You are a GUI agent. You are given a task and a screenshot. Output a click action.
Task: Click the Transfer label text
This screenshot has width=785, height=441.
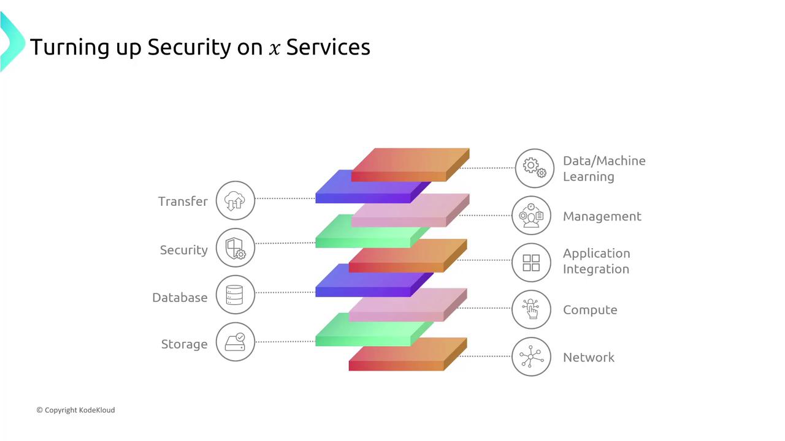pos(183,202)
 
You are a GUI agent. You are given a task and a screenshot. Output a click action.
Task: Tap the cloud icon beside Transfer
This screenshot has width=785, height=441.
pos(235,200)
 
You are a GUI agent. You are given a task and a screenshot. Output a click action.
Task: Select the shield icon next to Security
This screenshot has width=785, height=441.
pos(235,247)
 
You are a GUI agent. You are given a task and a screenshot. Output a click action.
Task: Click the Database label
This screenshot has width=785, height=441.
pos(180,298)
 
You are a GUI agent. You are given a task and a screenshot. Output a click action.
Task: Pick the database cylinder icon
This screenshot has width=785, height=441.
pos(235,295)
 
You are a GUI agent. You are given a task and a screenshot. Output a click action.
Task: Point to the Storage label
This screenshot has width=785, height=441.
pos(184,344)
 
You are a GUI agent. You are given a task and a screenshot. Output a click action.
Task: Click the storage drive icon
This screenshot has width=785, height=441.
pos(235,342)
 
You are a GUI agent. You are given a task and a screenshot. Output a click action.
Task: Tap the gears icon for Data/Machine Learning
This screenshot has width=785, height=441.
pos(534,168)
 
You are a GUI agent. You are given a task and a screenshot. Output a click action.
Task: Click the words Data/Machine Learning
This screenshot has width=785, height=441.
pos(604,168)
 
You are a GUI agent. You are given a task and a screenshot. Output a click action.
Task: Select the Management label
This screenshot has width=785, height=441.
pos(602,216)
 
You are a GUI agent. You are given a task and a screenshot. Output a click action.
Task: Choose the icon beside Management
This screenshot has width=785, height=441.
pos(531,216)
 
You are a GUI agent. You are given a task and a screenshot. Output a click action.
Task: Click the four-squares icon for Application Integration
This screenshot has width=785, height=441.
pos(531,262)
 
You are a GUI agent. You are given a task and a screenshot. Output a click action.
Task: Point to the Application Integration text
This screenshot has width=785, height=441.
pos(596,261)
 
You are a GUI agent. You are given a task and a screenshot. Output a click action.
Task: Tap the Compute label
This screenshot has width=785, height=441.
pos(590,310)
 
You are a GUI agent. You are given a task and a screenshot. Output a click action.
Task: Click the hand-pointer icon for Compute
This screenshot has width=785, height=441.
pos(531,309)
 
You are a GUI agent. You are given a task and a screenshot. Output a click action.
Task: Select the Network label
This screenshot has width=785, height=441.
pos(589,357)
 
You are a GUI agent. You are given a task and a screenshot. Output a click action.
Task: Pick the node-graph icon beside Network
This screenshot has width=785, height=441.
pos(531,356)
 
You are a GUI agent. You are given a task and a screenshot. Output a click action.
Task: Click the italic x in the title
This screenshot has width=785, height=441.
pos(274,48)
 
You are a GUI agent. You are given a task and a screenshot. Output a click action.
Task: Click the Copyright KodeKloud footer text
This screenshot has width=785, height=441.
pos(75,410)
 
